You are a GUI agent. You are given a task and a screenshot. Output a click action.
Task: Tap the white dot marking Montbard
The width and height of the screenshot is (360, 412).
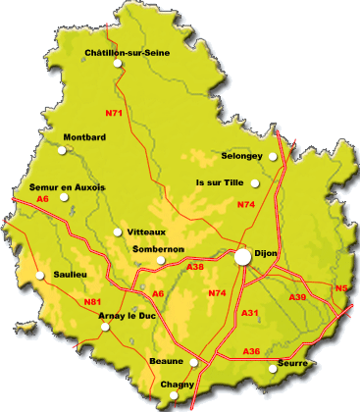point(64,150)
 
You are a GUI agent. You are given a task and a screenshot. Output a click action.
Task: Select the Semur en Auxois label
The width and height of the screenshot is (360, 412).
point(69,186)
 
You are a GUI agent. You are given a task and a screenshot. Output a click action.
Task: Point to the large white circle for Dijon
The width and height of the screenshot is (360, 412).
point(241,256)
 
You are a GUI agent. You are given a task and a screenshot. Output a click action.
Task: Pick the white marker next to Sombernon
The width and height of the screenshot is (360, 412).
point(160,260)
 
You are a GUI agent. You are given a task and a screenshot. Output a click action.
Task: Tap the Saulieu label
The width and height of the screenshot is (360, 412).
point(70,275)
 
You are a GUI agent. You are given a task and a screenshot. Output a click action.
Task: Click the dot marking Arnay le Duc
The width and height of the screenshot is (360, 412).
point(105,328)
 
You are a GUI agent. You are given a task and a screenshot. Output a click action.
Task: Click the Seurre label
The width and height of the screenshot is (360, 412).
point(293,363)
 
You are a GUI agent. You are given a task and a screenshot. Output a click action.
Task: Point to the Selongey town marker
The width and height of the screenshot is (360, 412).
point(274,156)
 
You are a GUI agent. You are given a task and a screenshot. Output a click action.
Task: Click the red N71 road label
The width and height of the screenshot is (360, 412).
point(115,114)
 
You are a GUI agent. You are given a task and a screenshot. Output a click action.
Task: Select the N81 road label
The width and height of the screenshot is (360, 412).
point(93,301)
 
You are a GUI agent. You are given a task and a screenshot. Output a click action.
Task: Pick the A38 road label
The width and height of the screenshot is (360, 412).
point(195,267)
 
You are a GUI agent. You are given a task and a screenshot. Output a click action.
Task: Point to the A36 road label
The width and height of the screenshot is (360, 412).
point(252,351)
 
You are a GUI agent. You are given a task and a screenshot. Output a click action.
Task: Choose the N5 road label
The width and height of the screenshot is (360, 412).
point(340,287)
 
